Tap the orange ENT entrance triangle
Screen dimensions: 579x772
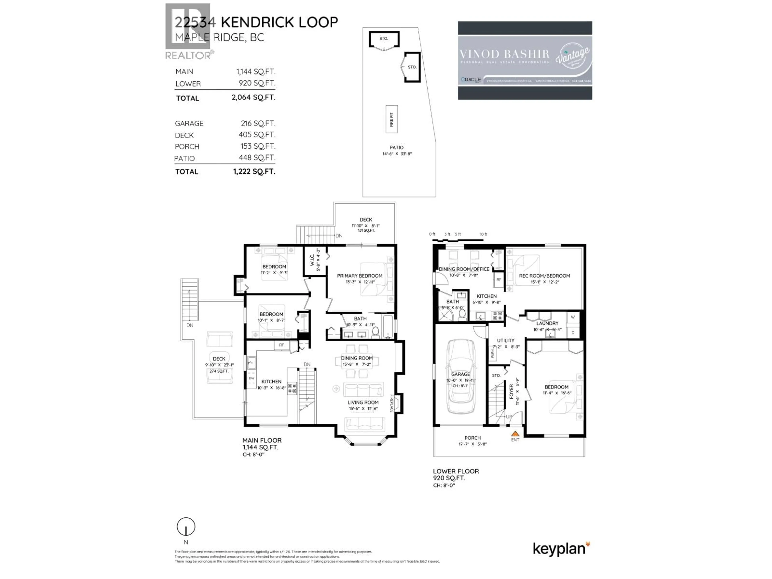tap(515, 434)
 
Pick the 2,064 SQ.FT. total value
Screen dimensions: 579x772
tap(253, 97)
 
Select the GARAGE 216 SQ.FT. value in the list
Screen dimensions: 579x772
tap(258, 123)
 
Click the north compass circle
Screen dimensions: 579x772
tap(186, 527)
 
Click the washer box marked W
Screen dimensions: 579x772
tap(573, 317)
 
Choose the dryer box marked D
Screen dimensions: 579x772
tap(573, 333)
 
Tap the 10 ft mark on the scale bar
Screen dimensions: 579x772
tap(483, 234)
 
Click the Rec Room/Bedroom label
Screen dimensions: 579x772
tap(544, 276)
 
